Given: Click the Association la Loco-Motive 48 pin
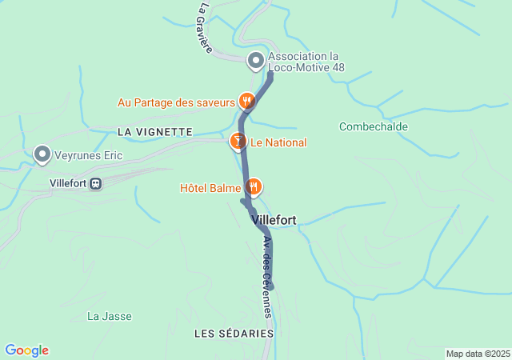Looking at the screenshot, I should coord(256,60).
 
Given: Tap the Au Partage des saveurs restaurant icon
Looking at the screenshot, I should coord(247,102).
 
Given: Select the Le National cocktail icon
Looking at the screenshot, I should coord(238,142).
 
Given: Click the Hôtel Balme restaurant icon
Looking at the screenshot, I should coord(254,186).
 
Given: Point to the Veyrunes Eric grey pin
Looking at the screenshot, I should coord(42,154).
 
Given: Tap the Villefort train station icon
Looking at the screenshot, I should coord(96,183).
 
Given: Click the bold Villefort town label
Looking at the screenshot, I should coord(274,219).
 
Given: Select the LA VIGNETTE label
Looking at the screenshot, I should coord(154,131).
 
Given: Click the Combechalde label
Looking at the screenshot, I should coord(374,126).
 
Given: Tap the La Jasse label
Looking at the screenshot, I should coord(109,316).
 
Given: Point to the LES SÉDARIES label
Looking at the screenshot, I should coord(234,333).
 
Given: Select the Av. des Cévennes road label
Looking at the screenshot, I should coord(267,277).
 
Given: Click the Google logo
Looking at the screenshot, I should coord(26,350).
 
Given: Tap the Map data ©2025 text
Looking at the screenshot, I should coord(478,354).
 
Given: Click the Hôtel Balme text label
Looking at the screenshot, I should coord(210,188).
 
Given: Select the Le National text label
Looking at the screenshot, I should coord(278,143).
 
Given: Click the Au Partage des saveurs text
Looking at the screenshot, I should coord(176,102).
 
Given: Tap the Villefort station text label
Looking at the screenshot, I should coord(67,183).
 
